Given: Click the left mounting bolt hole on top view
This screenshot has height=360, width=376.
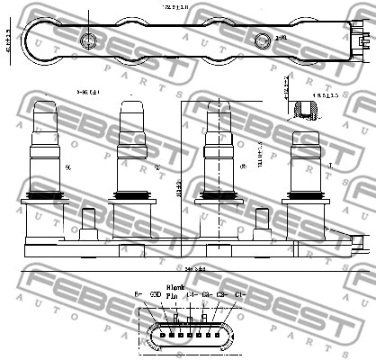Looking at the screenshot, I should pyautogui.click(x=88, y=40).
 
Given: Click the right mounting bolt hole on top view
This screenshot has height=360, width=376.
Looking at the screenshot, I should pyautogui.click(x=264, y=40).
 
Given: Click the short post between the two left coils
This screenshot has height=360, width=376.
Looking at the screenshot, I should pyautogui.click(x=88, y=221).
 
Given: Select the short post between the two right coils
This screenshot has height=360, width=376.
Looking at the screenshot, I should pyautogui.click(x=262, y=221).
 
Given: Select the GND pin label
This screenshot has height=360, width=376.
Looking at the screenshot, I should pyautogui.click(x=156, y=294).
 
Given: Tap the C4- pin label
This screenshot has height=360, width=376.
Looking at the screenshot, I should pyautogui.click(x=192, y=294).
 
